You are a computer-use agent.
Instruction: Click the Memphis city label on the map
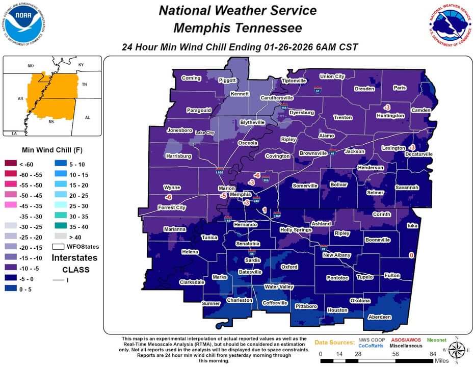240,195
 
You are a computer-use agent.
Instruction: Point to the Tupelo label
364,277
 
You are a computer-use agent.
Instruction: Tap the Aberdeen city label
380,317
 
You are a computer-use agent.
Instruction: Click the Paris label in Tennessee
400,88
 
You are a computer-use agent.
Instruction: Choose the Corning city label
191,78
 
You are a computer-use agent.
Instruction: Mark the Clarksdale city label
192,282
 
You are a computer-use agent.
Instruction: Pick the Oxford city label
289,267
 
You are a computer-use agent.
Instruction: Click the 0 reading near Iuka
411,255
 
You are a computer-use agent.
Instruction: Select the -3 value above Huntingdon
387,108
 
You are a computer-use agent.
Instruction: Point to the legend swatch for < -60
11,164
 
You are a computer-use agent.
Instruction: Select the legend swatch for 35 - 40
61,226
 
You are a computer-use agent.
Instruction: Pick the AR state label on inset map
20,98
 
